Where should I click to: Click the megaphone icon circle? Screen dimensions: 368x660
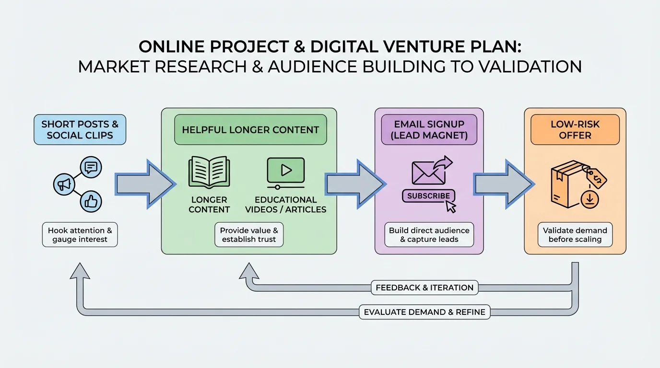[64, 184]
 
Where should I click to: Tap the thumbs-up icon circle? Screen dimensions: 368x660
[91, 202]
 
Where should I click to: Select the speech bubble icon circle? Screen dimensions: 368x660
[91, 167]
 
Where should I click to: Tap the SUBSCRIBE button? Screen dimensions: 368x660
[428, 195]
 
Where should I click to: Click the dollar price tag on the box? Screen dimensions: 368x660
[597, 178]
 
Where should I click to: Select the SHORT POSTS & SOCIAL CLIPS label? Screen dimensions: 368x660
[80, 129]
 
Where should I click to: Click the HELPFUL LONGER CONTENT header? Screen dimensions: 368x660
[250, 129]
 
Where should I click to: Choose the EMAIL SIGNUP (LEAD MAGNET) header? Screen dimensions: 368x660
[429, 129]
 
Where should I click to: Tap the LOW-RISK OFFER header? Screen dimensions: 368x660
[575, 129]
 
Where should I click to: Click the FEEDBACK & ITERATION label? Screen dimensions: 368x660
[424, 287]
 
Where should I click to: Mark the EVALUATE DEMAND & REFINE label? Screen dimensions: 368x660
[424, 312]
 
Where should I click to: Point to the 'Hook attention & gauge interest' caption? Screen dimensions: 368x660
[80, 235]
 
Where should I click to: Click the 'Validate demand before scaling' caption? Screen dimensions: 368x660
[575, 235]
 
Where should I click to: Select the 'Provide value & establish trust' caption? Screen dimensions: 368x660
[249, 235]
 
